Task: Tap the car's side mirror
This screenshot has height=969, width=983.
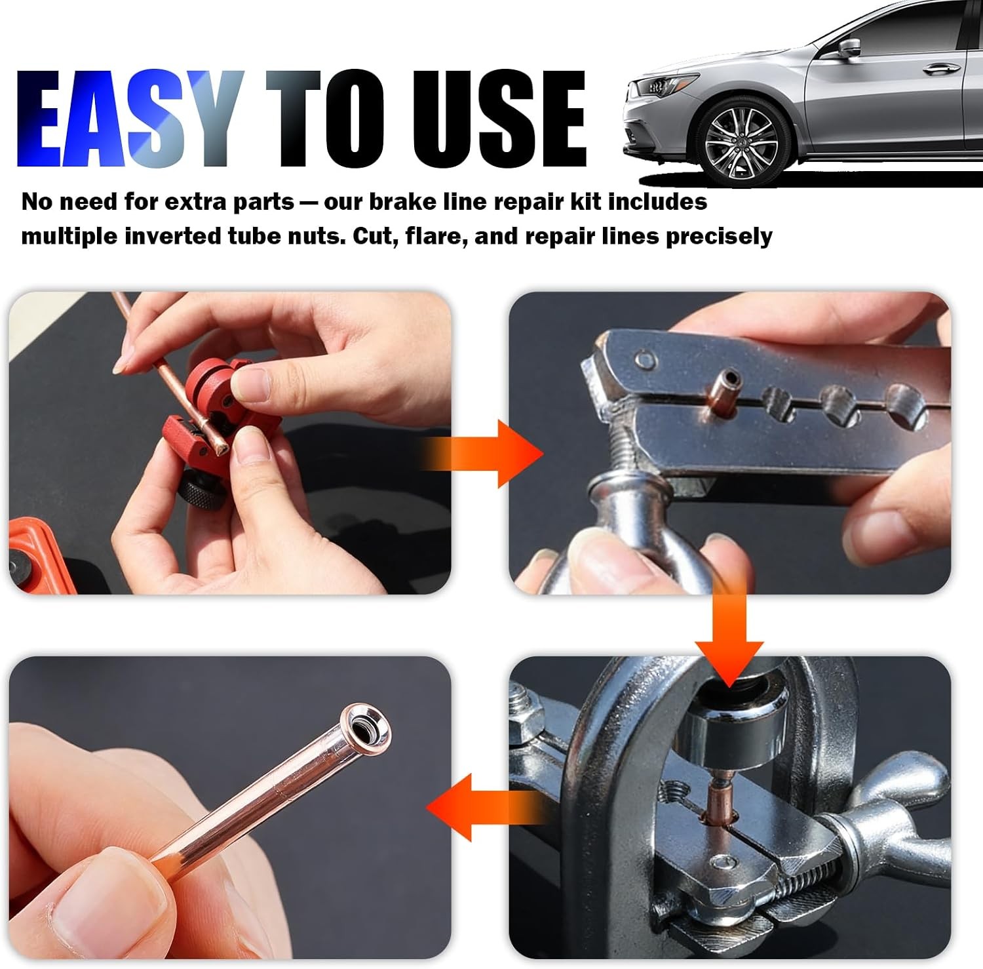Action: [x=849, y=47]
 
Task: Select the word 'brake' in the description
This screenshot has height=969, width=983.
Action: [x=403, y=201]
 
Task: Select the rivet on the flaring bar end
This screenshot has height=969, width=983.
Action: [x=646, y=359]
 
